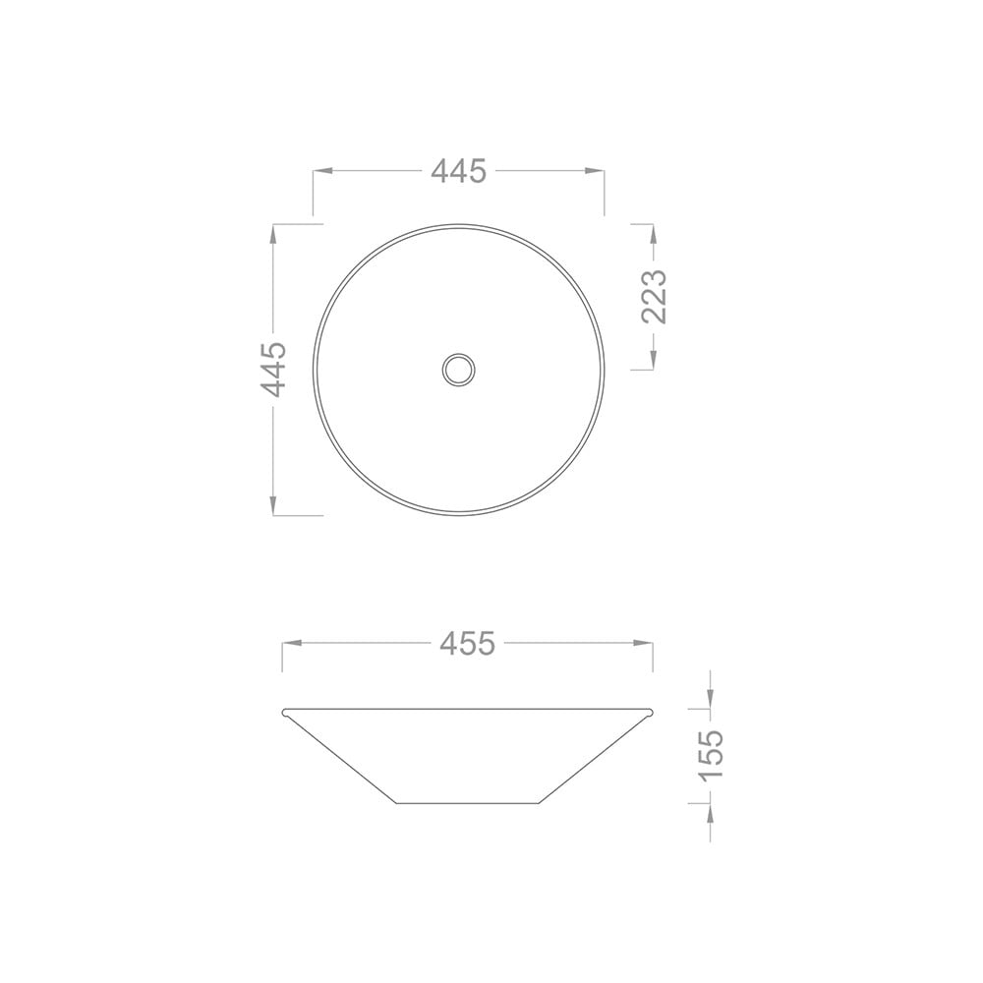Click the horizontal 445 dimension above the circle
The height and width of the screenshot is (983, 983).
459,170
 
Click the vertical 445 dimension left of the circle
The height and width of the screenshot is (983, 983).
273,370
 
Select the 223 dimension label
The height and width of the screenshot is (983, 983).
654,297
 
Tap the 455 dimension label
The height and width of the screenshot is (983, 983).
467,643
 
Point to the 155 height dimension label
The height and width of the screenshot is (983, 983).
711,755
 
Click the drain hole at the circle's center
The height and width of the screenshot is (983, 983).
458,370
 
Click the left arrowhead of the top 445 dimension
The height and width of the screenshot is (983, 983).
322,170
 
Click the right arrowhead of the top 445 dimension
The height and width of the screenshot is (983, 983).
595,170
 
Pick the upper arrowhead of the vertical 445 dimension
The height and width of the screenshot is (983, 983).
273,235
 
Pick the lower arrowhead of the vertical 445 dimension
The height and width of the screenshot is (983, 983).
273,505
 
